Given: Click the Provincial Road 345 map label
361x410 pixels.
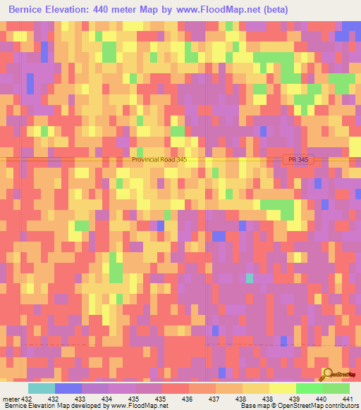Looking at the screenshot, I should [x=169, y=160].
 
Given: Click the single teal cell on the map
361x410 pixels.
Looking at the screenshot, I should [x=250, y=278].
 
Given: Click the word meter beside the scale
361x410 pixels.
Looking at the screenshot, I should [x=10, y=399].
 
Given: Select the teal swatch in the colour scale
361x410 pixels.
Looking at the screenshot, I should [x=42, y=388].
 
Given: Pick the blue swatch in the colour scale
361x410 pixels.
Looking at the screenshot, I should [x=68, y=388].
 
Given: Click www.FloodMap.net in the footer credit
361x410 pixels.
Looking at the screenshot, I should [x=138, y=406].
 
